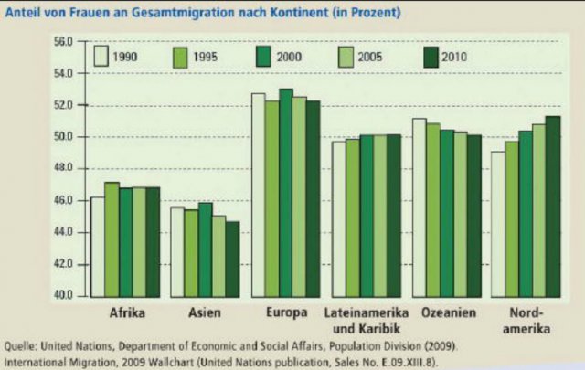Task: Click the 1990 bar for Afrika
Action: pos(98,246)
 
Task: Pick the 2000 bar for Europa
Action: pos(286,192)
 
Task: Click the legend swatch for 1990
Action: pos(101,56)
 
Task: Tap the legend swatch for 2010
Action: pos(430,56)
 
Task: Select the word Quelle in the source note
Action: pos(22,345)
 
